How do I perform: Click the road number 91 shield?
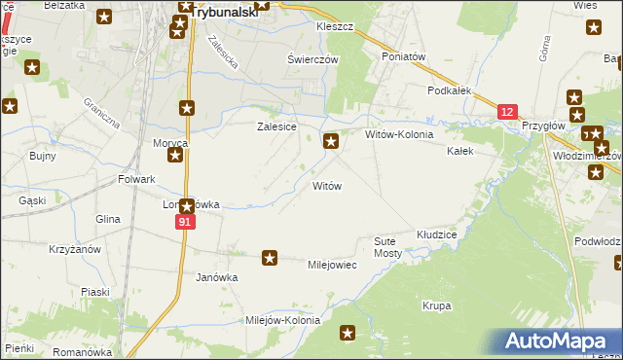click(x=186, y=223)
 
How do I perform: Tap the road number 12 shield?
click(x=506, y=113)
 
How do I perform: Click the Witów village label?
click(x=326, y=185)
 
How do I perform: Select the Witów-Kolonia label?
click(x=399, y=134)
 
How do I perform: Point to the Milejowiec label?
click(x=332, y=265)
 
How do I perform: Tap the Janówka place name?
click(x=217, y=277)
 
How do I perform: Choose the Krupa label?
click(x=437, y=306)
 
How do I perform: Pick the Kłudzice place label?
click(x=437, y=235)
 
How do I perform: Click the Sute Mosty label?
click(x=387, y=246)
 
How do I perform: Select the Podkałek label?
click(x=450, y=90)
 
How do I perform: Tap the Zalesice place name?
click(x=275, y=126)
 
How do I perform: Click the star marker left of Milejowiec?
click(x=270, y=258)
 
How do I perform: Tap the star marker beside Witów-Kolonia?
click(x=332, y=142)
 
